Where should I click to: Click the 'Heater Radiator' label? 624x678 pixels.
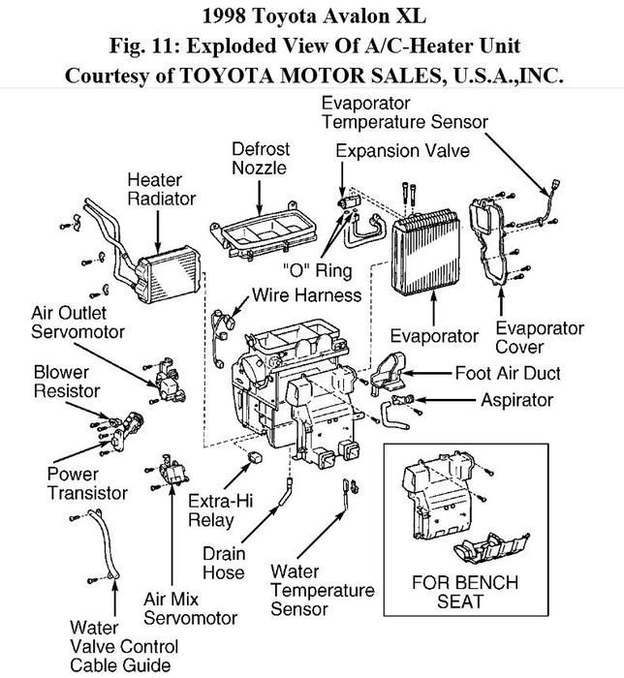pos(161,189)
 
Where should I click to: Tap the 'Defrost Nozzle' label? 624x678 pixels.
pos(260,158)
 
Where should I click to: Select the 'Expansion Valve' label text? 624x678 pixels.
pos(402,151)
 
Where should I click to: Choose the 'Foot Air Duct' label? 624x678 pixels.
pos(508,373)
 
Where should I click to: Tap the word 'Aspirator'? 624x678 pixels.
pos(516,399)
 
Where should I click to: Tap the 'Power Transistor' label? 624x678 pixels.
pos(87,483)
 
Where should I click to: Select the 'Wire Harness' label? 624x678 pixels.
pos(305,294)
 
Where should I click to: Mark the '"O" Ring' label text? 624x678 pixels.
pos(317,270)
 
